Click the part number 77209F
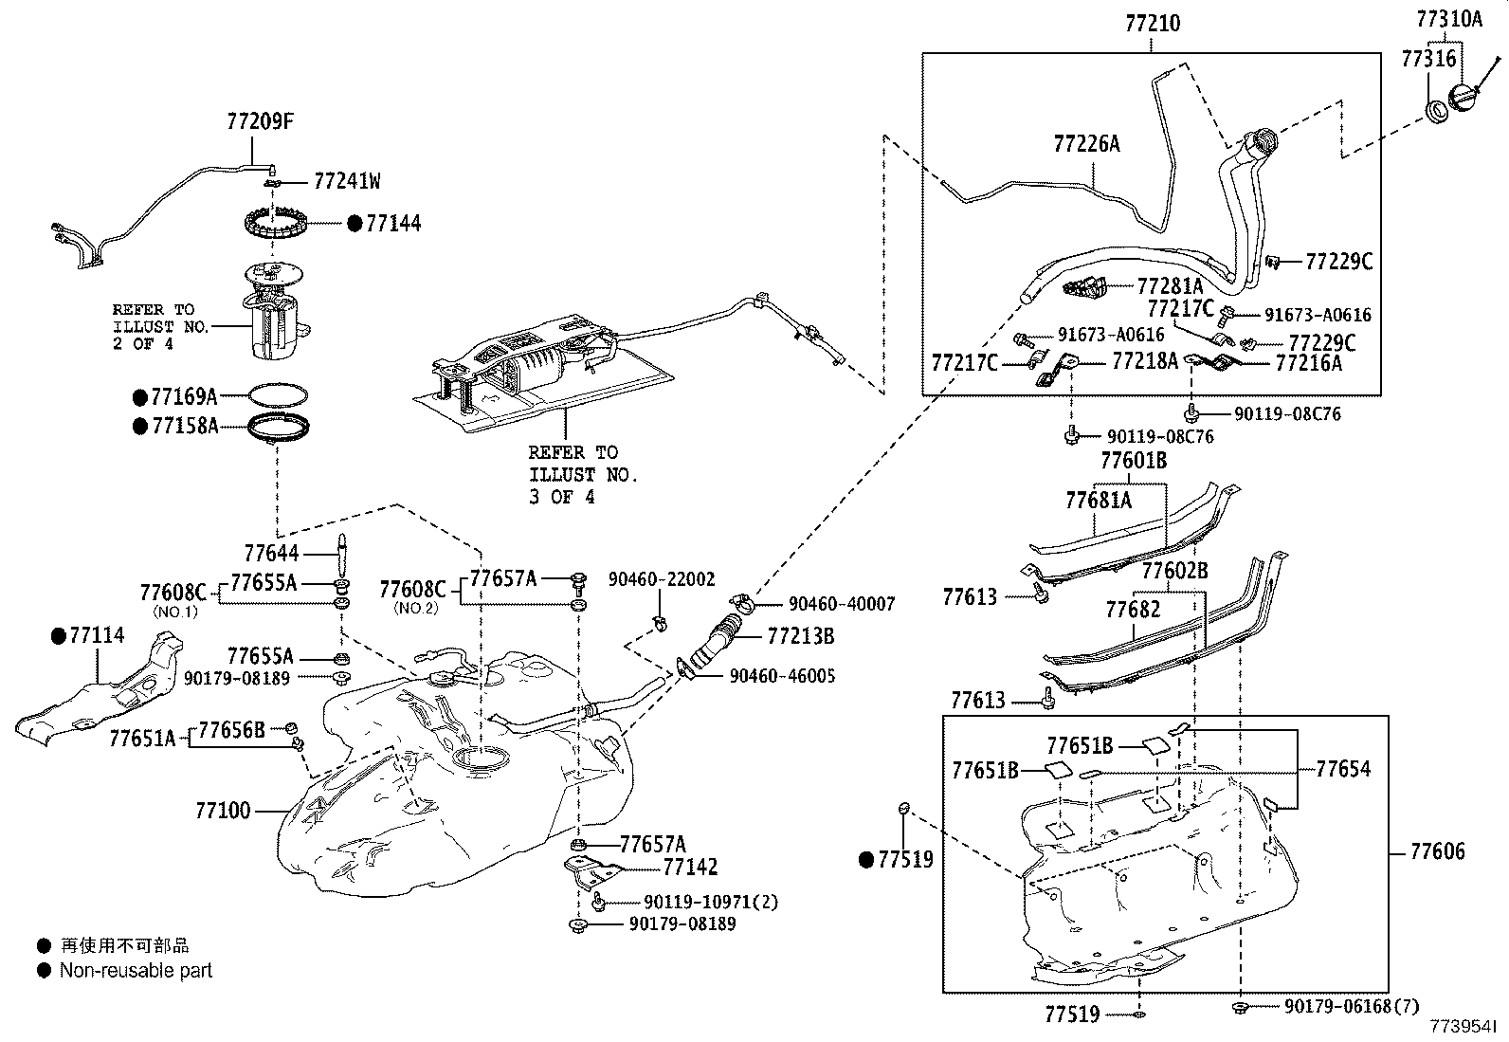click(x=260, y=121)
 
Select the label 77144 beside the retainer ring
click(x=393, y=224)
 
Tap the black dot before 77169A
click(x=139, y=396)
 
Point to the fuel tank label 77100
click(x=223, y=811)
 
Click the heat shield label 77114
click(x=97, y=635)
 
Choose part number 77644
click(x=271, y=553)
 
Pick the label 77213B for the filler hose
click(x=801, y=636)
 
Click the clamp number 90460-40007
click(x=842, y=604)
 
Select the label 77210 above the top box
click(x=1153, y=23)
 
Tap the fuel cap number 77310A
click(x=1449, y=19)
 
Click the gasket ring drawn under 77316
click(x=1437, y=112)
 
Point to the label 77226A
click(x=1086, y=143)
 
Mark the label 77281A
click(x=1170, y=285)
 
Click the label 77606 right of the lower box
click(x=1437, y=851)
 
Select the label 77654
click(x=1343, y=769)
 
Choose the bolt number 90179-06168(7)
click(x=1353, y=1007)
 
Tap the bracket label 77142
click(x=690, y=867)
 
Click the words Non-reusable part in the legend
click(x=136, y=971)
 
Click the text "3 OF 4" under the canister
click(x=562, y=497)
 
